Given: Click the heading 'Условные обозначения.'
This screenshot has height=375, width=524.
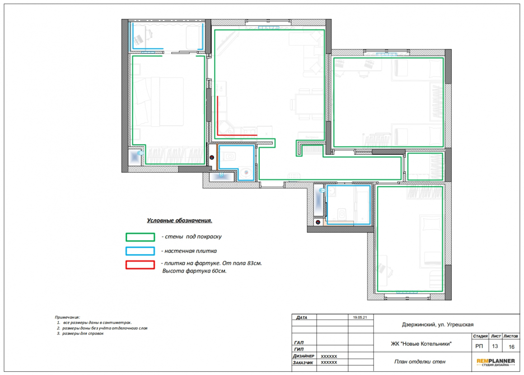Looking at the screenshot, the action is point(179,220).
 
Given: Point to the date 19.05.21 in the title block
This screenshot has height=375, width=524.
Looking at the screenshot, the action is point(360,318).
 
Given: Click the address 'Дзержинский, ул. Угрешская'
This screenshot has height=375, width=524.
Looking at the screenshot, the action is point(437,324).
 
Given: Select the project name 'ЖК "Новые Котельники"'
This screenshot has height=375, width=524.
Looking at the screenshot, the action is point(421,343).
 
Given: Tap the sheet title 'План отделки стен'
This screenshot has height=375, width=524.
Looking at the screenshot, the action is point(420,361).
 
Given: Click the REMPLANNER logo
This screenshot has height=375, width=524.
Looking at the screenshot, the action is point(496,362).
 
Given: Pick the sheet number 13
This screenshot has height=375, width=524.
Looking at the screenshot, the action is point(495,346).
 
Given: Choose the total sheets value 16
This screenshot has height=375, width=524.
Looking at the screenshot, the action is point(511,347).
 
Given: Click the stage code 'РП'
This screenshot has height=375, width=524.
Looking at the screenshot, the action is point(479,346).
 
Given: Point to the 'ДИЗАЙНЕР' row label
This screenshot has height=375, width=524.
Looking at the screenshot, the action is point(304,356).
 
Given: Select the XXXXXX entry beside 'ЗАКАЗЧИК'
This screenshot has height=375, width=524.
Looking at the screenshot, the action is point(329,362).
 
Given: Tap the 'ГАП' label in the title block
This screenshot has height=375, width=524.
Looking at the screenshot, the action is point(299,343).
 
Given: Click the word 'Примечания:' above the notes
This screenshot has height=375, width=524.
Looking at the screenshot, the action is point(67,317).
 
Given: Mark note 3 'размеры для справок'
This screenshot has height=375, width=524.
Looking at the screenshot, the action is point(80,333).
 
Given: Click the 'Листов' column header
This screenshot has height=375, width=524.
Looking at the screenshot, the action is point(510,336).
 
